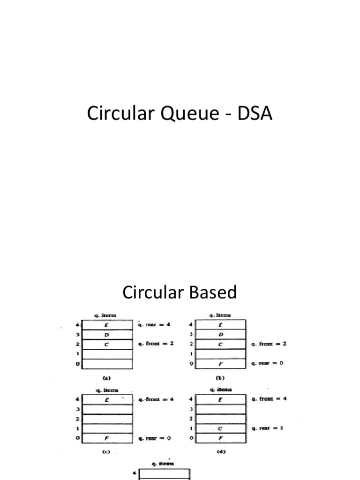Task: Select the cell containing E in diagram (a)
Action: (x=107, y=324)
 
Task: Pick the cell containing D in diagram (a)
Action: (x=107, y=334)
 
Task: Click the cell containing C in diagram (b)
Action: (x=221, y=344)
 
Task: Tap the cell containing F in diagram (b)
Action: (x=221, y=364)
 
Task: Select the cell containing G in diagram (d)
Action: (x=221, y=428)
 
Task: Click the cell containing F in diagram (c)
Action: (x=107, y=438)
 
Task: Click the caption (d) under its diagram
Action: (x=220, y=451)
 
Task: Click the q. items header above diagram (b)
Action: (x=220, y=315)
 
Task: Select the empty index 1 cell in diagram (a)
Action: (x=107, y=354)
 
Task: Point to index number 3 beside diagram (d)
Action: (x=191, y=409)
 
